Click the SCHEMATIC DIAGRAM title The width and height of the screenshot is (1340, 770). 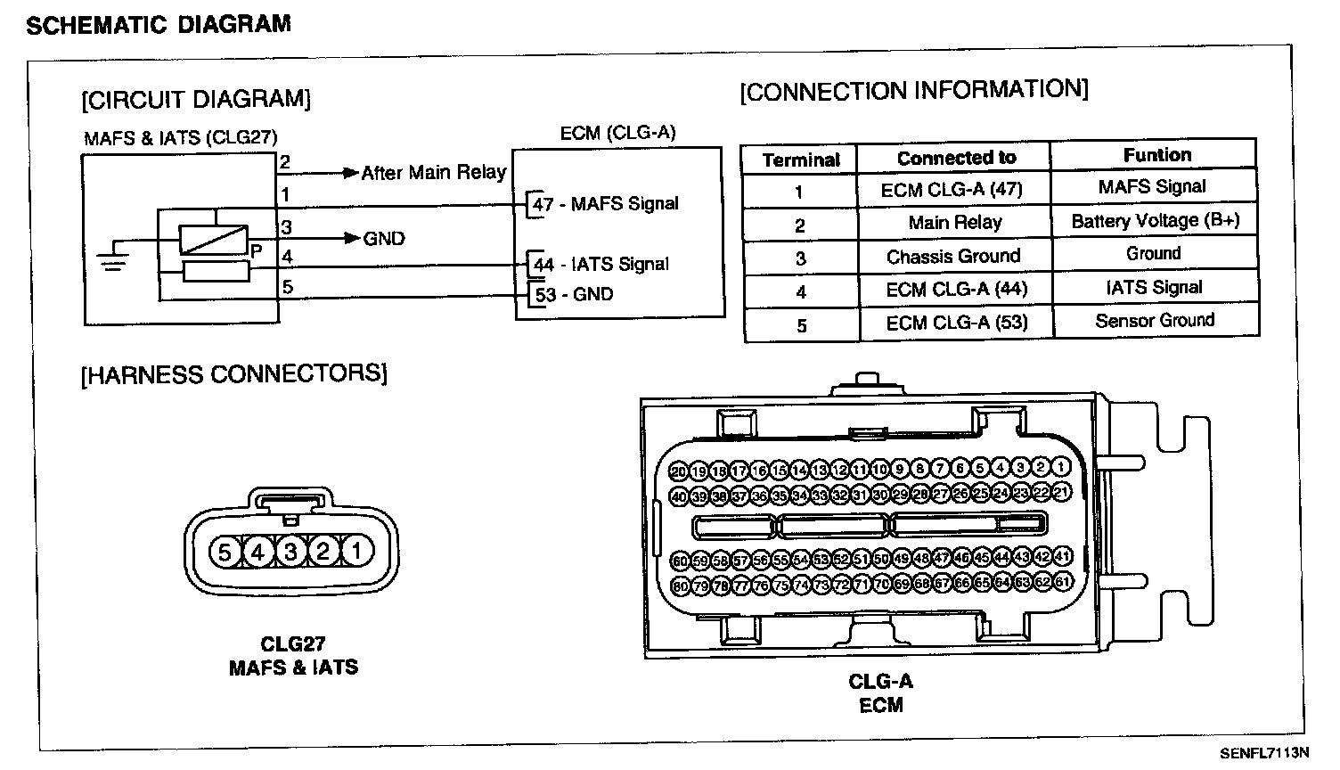click(x=159, y=24)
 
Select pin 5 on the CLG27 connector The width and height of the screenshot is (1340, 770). click(x=225, y=553)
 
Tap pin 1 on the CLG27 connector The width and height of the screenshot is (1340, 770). click(x=356, y=552)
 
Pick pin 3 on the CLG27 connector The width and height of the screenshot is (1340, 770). click(x=290, y=553)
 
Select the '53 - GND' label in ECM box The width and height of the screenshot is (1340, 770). click(x=574, y=295)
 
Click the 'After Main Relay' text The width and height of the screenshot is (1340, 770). click(x=434, y=173)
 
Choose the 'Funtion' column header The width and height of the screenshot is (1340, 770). click(x=1156, y=155)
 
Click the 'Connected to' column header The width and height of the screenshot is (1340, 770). click(x=956, y=158)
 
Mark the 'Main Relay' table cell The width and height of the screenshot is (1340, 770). click(x=955, y=222)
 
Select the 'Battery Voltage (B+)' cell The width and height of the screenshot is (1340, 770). click(x=1156, y=221)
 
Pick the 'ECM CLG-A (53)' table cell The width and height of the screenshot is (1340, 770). click(x=957, y=323)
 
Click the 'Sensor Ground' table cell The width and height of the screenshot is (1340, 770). click(x=1155, y=320)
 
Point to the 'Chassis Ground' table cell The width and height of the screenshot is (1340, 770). click(x=953, y=257)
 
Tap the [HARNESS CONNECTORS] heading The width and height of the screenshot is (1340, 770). click(x=234, y=374)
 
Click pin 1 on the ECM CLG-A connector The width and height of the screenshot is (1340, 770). click(x=1060, y=467)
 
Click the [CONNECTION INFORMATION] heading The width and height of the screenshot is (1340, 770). click(x=914, y=91)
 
